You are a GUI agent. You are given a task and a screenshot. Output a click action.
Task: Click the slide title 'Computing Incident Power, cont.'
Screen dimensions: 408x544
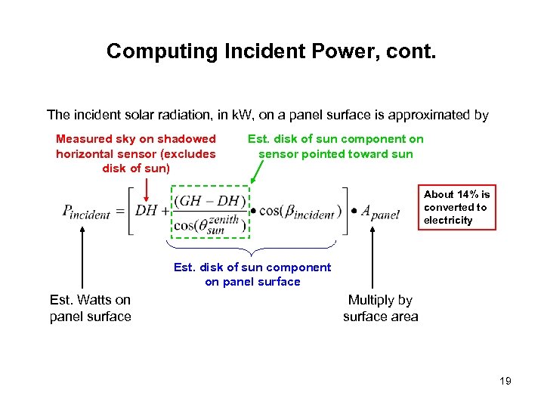[271, 51]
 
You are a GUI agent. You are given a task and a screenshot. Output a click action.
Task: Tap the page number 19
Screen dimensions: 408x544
[505, 381]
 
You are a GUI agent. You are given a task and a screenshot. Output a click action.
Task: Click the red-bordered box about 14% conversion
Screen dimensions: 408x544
[458, 207]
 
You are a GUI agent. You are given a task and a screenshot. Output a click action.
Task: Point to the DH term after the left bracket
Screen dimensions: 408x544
[147, 210]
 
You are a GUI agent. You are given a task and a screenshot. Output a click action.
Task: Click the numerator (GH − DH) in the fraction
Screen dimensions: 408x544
[210, 200]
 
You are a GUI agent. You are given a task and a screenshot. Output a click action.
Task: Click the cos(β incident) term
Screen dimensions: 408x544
[299, 212]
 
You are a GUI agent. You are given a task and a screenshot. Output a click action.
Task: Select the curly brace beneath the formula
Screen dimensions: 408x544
[250, 248]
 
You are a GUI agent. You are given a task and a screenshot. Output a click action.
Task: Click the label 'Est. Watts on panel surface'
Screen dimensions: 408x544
[90, 308]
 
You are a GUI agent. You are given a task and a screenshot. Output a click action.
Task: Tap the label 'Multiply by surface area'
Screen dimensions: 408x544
[380, 308]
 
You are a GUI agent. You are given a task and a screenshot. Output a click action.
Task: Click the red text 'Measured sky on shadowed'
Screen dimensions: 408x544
[136, 139]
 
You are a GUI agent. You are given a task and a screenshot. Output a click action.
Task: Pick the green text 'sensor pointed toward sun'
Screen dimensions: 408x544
[335, 153]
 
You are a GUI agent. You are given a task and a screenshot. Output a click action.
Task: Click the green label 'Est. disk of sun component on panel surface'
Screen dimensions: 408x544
[252, 274]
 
